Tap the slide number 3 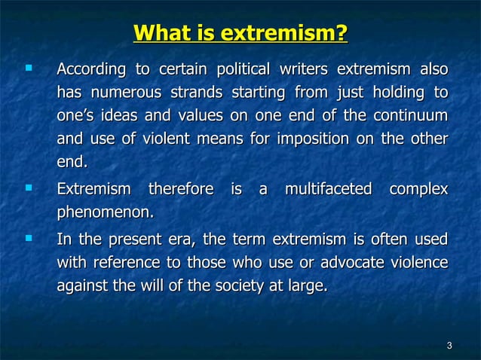point(449,346)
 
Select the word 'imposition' point(308,140)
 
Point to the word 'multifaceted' point(328,190)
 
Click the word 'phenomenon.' point(106,213)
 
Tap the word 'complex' point(418,190)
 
